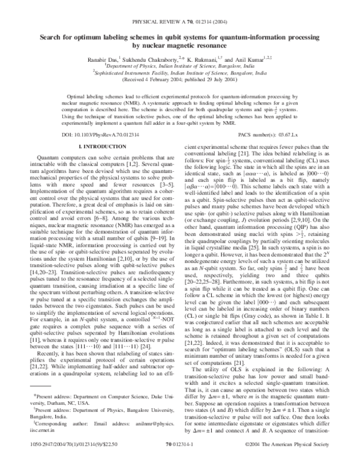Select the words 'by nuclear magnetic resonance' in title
(x=179, y=45)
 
